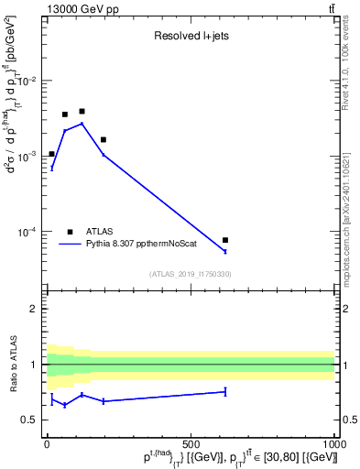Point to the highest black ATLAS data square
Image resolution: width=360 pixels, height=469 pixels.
[82, 111]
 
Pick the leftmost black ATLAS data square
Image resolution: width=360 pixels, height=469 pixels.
[52, 154]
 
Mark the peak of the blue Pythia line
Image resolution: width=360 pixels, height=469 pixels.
[82, 124]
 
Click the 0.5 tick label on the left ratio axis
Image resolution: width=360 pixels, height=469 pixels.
[30, 420]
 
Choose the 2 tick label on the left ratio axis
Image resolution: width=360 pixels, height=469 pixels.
[35, 309]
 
